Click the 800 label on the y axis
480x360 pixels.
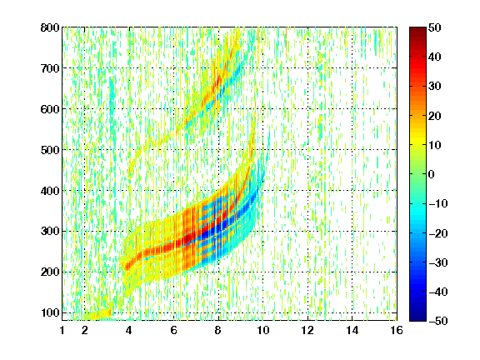(50, 27)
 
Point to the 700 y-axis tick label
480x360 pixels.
(50, 68)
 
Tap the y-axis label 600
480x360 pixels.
(50, 109)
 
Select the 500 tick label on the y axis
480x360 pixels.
(50, 150)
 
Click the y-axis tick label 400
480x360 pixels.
(50, 191)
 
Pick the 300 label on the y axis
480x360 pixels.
(50, 232)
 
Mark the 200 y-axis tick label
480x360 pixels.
(50, 272)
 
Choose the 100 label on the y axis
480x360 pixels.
(50, 312)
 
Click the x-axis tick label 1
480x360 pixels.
(62, 330)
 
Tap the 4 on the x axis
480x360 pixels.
(129, 330)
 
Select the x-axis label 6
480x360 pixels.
(173, 330)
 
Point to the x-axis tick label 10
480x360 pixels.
(263, 330)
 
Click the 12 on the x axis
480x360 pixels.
(307, 330)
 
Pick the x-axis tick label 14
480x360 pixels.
(352, 330)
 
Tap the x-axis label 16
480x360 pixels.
(397, 330)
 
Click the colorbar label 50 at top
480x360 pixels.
(435, 27)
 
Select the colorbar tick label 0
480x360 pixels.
(432, 174)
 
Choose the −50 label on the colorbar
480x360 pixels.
(438, 321)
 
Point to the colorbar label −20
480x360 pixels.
(438, 233)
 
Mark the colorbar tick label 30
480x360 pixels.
(435, 87)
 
